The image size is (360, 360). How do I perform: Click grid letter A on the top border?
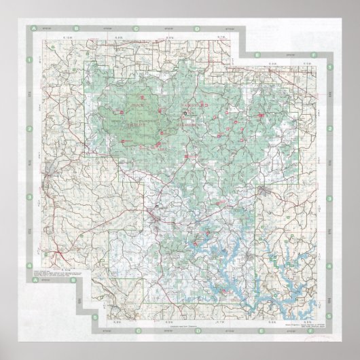point(32,29)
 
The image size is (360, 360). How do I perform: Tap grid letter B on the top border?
point(77,29)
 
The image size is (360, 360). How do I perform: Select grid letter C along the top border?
point(137,29)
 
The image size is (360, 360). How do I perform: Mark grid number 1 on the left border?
point(29,60)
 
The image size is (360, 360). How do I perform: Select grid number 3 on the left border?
point(29,198)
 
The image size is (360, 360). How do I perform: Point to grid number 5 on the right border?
point(330,316)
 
